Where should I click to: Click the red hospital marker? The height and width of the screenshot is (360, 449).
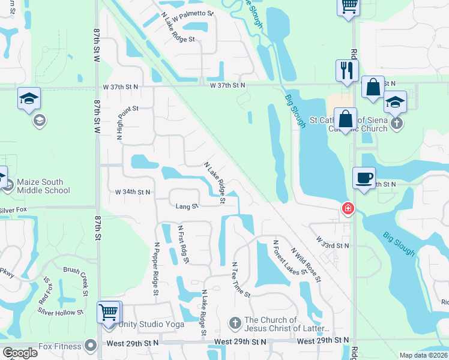tap(347, 209)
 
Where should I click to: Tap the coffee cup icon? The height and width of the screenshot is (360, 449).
tap(364, 178)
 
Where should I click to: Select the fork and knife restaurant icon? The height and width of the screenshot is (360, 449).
tap(347, 70)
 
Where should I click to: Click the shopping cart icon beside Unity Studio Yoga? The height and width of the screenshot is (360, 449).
tap(109, 313)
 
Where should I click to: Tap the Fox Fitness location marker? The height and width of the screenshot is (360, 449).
tap(91, 345)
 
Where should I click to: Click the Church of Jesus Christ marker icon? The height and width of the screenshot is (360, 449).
tap(235, 323)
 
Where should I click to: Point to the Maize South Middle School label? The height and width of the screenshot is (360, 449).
tap(43, 186)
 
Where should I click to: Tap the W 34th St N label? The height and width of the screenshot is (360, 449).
tap(132, 192)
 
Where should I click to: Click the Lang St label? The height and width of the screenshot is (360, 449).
tap(187, 206)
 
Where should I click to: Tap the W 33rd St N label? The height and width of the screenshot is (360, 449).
tap(332, 245)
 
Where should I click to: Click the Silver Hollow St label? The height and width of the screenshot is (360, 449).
tap(61, 313)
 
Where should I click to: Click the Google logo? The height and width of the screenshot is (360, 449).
tap(20, 353)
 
